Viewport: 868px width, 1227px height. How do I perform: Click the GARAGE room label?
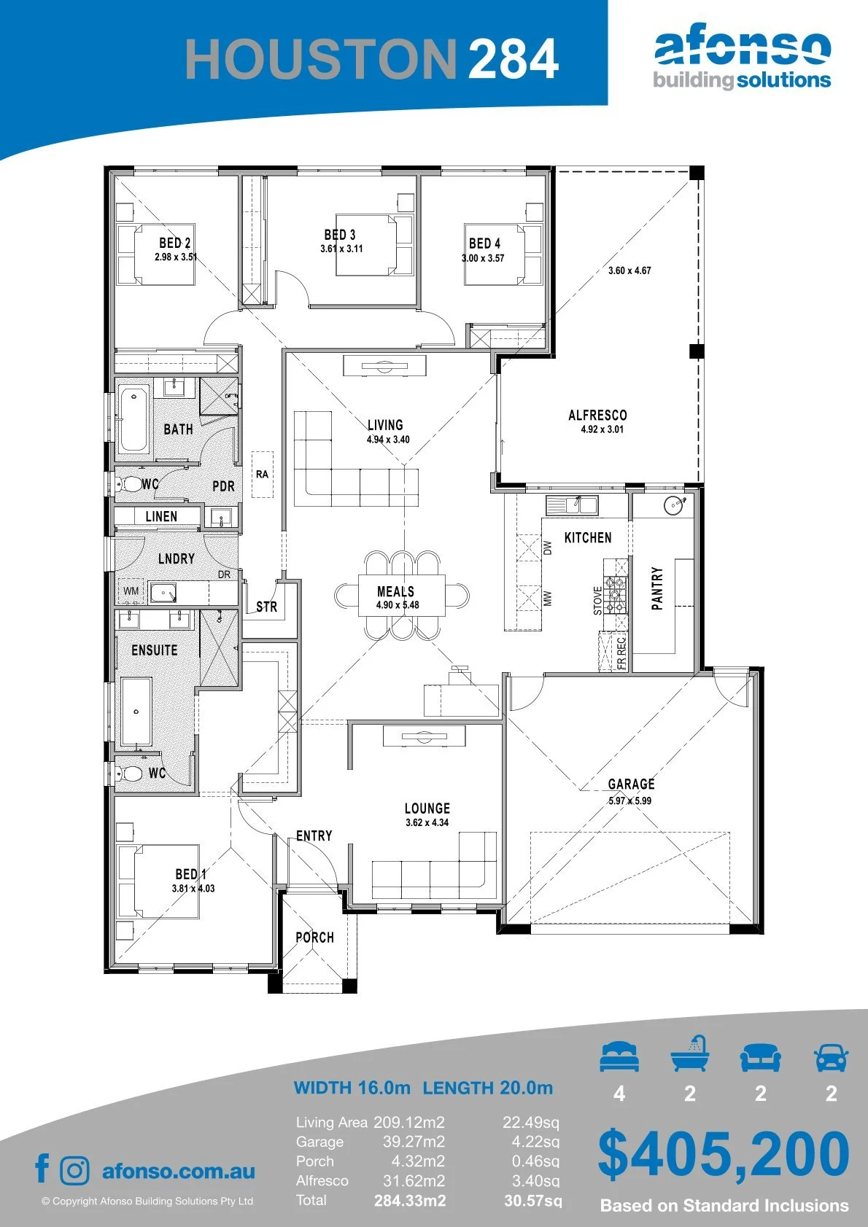tap(631, 784)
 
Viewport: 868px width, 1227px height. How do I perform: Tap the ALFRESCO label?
tap(597, 416)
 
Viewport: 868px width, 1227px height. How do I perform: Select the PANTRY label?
tap(657, 588)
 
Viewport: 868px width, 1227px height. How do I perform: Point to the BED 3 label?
tap(340, 235)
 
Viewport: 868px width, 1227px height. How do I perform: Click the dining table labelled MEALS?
tap(402, 595)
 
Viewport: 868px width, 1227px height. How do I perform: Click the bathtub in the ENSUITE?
tap(136, 712)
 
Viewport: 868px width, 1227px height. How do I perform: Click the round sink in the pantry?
tap(675, 505)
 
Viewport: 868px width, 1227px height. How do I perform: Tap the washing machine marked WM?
tap(131, 591)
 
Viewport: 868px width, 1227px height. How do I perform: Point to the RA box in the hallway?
tap(262, 475)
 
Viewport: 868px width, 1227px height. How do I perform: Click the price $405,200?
tap(724, 1154)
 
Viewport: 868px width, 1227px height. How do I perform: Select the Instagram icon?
tap(74, 1170)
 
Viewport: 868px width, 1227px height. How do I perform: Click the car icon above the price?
tap(832, 1056)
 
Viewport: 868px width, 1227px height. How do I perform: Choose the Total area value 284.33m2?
tap(410, 1201)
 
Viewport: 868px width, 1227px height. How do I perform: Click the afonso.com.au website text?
tap(179, 1171)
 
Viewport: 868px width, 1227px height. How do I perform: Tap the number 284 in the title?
tap(514, 59)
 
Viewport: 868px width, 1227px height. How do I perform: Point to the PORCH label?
tap(314, 938)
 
